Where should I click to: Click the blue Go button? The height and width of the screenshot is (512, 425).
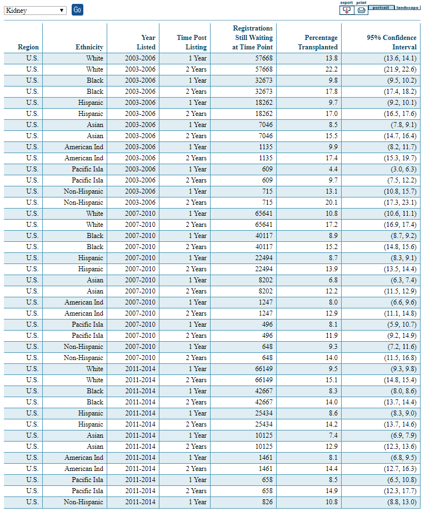click(77, 10)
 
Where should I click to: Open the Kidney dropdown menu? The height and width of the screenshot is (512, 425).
click(35, 11)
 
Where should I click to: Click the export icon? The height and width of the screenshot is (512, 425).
click(347, 9)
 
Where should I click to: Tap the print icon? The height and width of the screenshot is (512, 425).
click(361, 9)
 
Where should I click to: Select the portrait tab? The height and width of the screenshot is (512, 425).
click(381, 7)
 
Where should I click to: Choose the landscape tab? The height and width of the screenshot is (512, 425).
click(407, 7)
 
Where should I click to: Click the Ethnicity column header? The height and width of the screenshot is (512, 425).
click(89, 47)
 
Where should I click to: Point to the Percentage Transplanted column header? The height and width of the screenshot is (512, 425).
click(321, 42)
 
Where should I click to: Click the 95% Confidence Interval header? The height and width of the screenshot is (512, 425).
click(391, 42)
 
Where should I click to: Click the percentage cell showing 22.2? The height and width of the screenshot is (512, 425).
click(331, 69)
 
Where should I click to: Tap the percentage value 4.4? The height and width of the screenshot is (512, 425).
click(332, 169)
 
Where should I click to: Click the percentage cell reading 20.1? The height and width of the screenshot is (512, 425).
click(331, 202)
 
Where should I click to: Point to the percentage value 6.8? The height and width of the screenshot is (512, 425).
click(332, 280)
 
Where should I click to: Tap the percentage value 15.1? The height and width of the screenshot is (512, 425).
click(331, 380)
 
